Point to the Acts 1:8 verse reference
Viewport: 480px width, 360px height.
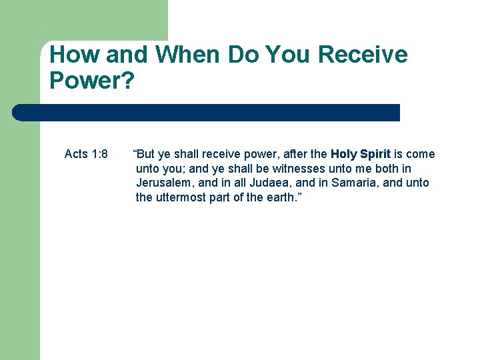point(86,154)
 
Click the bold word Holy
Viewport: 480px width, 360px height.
point(343,154)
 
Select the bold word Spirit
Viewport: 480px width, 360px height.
point(375,154)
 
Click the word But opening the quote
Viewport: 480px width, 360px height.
point(145,154)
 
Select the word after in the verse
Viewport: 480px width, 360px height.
point(297,154)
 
